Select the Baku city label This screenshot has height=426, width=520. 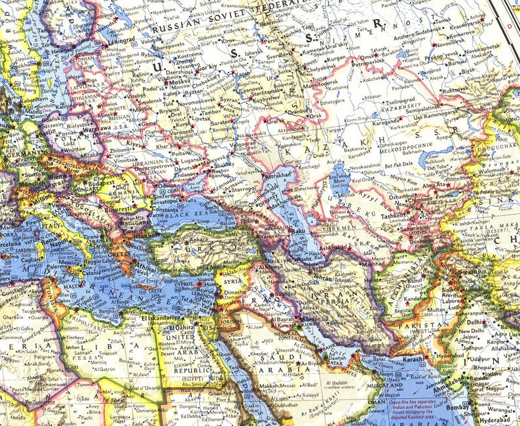(x=301, y=231)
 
